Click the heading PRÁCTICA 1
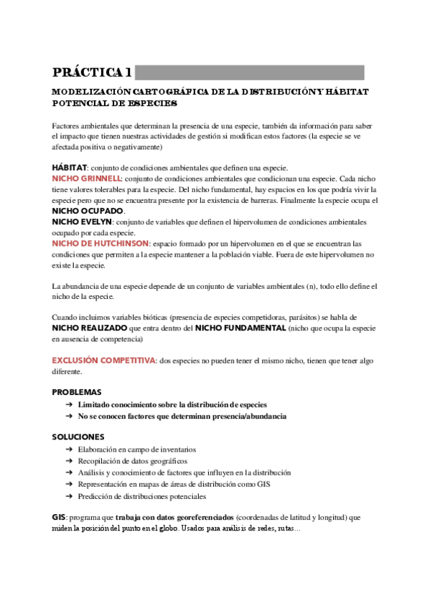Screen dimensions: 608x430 click(x=92, y=72)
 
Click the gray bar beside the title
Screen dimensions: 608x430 click(x=249, y=72)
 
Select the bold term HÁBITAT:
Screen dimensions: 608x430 click(x=70, y=167)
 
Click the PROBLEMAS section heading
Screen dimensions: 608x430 click(x=77, y=393)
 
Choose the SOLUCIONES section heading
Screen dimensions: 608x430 click(x=78, y=437)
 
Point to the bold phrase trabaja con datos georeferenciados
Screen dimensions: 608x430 click(x=172, y=517)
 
